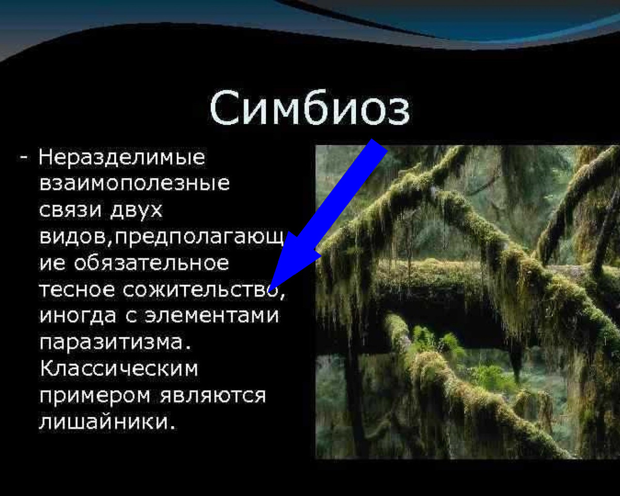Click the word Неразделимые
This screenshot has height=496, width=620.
pos(122,158)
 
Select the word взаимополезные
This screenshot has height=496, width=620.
pos(134,184)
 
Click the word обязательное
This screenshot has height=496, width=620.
pos(151,263)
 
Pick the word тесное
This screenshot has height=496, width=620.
pos(78,289)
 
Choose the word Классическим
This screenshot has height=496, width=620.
pos(119,369)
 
